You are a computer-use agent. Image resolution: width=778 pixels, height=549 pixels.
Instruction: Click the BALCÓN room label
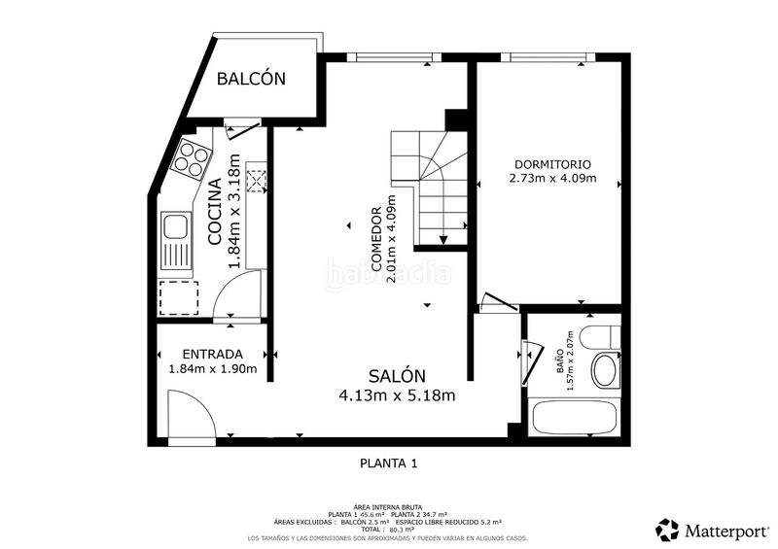pos(251,79)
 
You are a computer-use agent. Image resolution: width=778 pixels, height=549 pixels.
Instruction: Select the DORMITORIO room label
pos(551,164)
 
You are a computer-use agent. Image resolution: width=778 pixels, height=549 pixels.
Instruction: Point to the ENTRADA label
pos(212,355)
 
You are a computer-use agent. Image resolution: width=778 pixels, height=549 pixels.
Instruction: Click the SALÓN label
pos(397,377)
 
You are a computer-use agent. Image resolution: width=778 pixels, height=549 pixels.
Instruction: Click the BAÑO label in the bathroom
pos(558,362)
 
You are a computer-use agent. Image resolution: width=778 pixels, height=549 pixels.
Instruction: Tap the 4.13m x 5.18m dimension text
pos(397,395)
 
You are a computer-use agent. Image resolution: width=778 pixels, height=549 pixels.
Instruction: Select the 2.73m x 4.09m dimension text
pos(551,179)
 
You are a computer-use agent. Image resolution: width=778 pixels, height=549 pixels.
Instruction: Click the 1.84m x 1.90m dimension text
pos(212,369)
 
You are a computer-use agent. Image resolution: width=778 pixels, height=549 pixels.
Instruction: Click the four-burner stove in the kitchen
pos(192,158)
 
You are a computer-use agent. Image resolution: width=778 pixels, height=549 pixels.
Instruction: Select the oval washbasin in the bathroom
pos(606,370)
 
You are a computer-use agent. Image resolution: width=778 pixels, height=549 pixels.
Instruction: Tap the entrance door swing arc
pos(190,413)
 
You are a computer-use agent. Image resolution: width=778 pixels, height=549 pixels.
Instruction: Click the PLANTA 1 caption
pos(388,464)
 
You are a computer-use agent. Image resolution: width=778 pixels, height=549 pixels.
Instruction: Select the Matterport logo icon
pos(667,530)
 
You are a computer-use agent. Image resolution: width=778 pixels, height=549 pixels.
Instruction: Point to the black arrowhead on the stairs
pos(443,239)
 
